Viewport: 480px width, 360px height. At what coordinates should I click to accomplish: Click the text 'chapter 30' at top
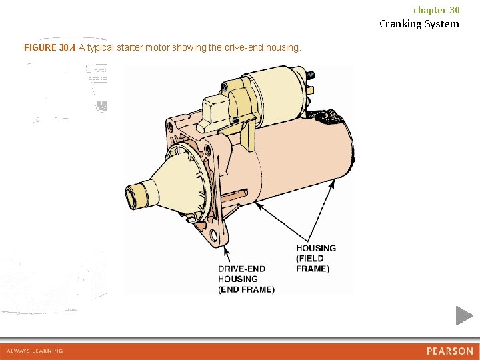click(x=436, y=10)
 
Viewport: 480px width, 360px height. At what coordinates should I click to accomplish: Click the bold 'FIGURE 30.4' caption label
click(x=49, y=48)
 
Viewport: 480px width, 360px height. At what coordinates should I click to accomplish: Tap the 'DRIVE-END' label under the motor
click(x=241, y=269)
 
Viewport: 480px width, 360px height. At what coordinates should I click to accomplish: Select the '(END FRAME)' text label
click(x=246, y=289)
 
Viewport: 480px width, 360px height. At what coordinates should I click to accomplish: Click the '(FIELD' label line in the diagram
click(x=310, y=259)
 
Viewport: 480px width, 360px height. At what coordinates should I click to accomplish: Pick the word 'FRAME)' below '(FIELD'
click(x=313, y=269)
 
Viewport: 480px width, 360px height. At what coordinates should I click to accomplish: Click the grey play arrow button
click(x=464, y=315)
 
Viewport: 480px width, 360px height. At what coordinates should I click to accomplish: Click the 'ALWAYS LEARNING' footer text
click(x=35, y=351)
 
